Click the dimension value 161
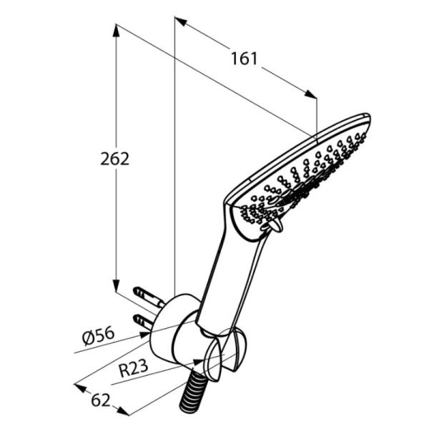pos(245,59)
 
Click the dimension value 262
pos(114,159)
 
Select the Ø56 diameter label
pos(98,336)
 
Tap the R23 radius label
pos(134,368)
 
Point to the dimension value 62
pos(101,400)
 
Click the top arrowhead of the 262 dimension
pos(117,30)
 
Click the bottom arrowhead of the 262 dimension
pos(117,286)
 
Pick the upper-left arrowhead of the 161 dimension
pos(181,21)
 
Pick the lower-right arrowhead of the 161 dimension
pos(310,94)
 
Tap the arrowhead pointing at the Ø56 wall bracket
pos(145,335)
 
